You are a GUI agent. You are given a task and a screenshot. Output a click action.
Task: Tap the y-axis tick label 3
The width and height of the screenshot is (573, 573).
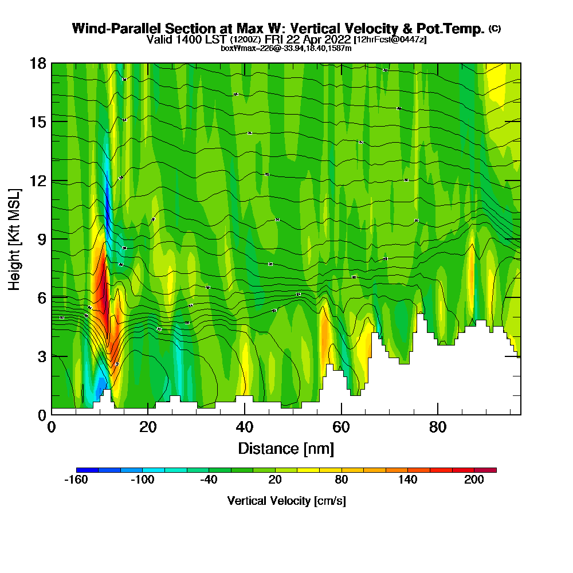tap(41, 356)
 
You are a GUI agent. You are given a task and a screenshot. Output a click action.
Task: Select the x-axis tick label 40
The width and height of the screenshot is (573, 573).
tap(245, 427)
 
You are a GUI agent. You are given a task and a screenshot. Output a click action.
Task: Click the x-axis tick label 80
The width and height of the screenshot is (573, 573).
tap(438, 427)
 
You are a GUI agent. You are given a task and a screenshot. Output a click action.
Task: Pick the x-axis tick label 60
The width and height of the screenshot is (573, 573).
tap(342, 427)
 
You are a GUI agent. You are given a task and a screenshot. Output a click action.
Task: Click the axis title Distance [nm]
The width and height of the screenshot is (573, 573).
tap(286, 448)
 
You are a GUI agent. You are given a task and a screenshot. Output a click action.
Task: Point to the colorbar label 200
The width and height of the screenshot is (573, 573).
tap(474, 481)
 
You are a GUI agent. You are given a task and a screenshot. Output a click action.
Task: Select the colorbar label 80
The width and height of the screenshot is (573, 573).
tap(341, 481)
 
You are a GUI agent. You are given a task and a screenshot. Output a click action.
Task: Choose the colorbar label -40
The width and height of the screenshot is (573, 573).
tap(209, 481)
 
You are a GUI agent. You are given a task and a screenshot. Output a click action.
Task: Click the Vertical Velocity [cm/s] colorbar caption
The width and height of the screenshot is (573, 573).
tap(286, 501)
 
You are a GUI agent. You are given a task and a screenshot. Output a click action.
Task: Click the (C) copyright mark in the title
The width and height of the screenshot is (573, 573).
tap(494, 29)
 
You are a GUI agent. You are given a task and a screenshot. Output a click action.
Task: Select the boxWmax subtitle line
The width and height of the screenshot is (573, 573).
tap(286, 48)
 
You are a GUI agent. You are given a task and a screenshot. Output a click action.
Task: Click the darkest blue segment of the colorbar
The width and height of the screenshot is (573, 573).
tap(87, 470)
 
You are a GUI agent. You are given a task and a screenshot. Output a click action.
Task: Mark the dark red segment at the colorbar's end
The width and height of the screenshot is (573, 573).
tap(485, 470)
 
